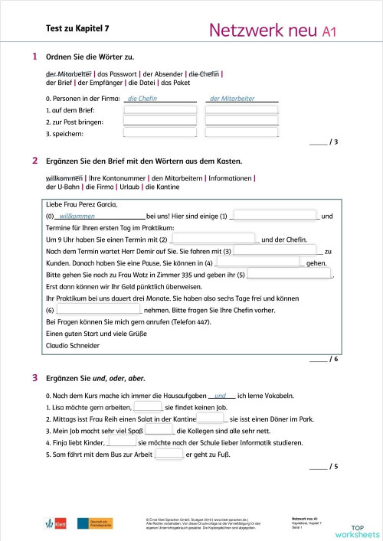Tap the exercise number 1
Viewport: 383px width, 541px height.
coord(34,57)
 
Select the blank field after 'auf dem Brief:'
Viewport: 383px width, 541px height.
coord(159,110)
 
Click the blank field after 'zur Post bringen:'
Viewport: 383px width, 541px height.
coord(159,122)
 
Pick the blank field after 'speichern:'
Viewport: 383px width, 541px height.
coord(159,134)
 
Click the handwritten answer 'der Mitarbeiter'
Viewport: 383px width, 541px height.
coord(232,99)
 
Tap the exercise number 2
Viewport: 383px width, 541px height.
coord(34,161)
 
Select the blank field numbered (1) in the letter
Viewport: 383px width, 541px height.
coord(274,217)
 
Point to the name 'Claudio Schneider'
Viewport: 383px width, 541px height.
coord(74,345)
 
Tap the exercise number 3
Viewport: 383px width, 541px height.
coord(34,378)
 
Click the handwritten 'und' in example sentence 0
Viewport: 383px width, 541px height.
coord(221,396)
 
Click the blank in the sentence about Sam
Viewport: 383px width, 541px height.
coord(169,455)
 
